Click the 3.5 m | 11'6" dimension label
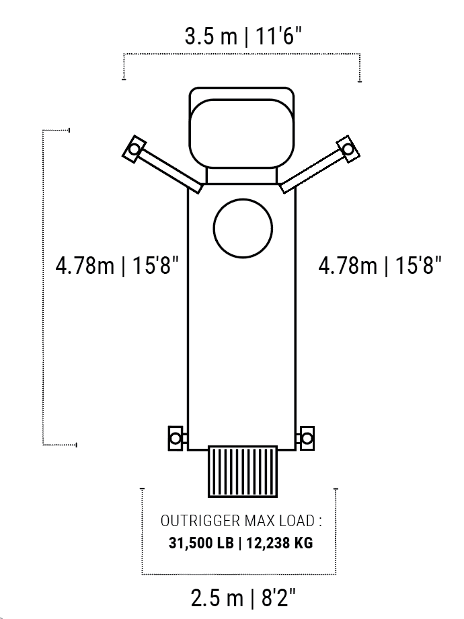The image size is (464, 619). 243,36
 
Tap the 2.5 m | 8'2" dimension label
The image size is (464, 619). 243,597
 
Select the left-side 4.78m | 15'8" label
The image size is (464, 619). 117,265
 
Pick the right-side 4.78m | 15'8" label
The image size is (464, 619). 380,265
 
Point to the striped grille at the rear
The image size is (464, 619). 243,472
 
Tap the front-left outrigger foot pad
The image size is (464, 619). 134,149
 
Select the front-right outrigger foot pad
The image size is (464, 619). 348,149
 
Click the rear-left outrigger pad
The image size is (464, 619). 176,438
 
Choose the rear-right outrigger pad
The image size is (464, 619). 307,438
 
